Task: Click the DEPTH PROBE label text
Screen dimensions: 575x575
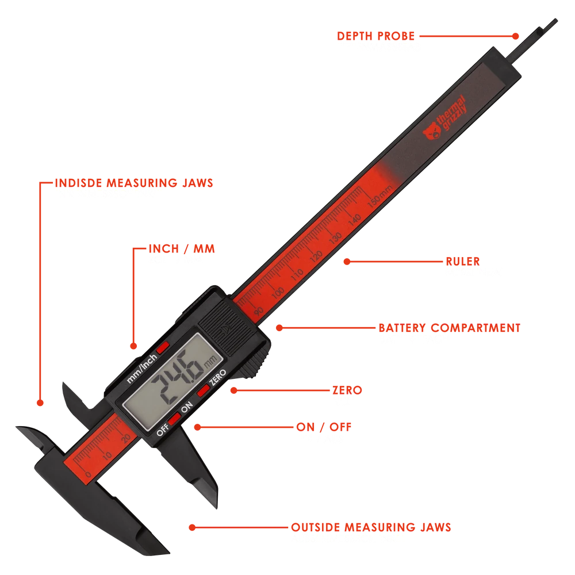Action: click(375, 36)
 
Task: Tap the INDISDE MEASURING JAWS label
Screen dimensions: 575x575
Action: click(134, 183)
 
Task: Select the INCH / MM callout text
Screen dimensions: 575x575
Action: click(182, 248)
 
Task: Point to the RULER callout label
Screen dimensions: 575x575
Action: click(463, 262)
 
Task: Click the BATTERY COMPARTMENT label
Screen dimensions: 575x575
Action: click(449, 328)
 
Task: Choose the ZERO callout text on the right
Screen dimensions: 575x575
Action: click(347, 390)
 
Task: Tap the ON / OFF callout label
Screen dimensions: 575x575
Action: click(324, 427)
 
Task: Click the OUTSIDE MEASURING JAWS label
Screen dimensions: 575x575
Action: click(371, 527)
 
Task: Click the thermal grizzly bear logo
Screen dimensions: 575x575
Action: click(432, 131)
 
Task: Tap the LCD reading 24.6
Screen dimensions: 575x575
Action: click(178, 377)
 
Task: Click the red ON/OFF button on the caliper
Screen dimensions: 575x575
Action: click(175, 418)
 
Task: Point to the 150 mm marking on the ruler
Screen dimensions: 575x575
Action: click(380, 197)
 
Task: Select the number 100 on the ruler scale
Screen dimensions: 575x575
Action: click(278, 293)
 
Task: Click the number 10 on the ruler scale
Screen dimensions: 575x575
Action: click(107, 456)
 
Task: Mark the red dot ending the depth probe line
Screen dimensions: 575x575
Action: click(515, 36)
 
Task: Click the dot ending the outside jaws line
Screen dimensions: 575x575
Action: click(192, 527)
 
